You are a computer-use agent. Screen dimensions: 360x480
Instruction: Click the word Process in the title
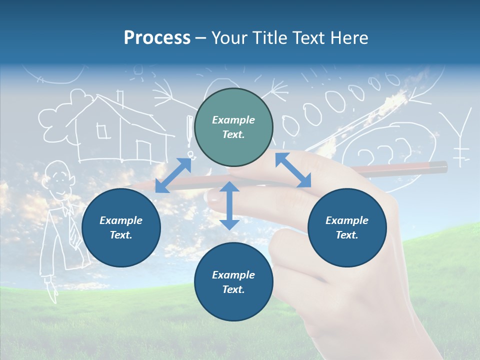(157, 37)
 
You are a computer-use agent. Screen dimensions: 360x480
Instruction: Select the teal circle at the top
(233, 127)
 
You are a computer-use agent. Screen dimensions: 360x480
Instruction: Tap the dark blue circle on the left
(121, 227)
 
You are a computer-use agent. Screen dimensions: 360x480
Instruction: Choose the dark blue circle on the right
(347, 227)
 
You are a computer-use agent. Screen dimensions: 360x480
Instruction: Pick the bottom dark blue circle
(233, 282)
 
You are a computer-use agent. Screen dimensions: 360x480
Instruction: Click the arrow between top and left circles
(173, 175)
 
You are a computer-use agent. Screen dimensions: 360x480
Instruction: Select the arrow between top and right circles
(293, 170)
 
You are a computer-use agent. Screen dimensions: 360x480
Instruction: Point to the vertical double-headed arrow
(229, 205)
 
